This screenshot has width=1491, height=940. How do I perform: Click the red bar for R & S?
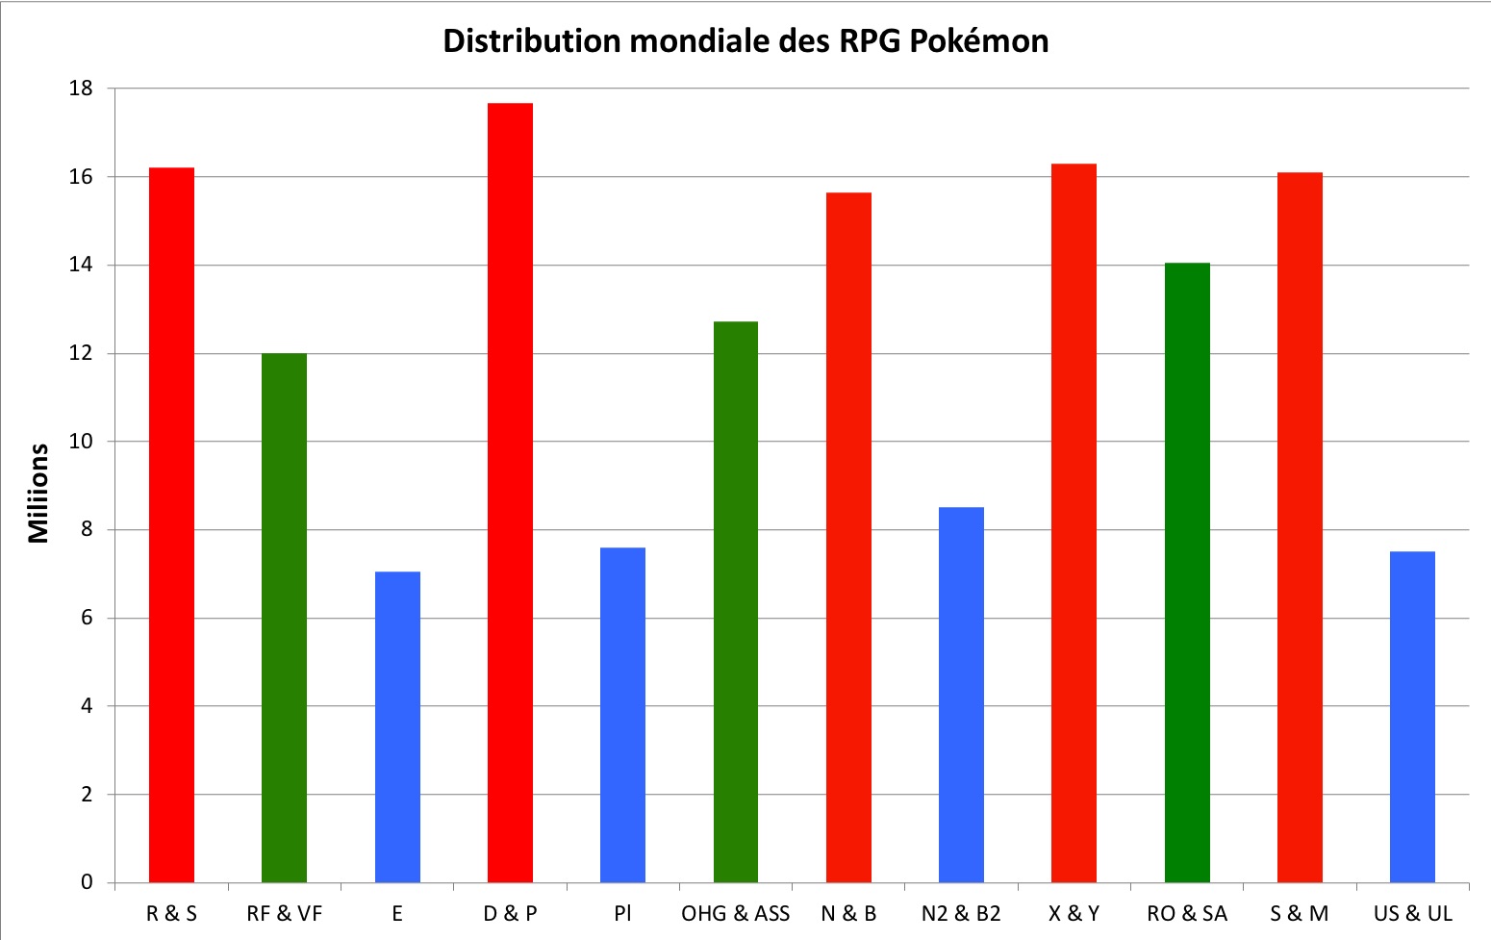click(171, 524)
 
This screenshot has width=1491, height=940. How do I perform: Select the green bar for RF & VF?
click(284, 618)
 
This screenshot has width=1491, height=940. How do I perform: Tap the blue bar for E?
click(397, 726)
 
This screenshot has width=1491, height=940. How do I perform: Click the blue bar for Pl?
click(622, 715)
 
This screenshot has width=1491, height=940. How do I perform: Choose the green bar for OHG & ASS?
click(736, 601)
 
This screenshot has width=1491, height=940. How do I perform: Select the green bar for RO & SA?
click(1187, 572)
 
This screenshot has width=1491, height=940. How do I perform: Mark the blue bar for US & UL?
click(1412, 717)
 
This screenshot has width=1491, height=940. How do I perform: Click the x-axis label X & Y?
click(1074, 913)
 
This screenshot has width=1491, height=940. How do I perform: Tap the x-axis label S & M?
click(1299, 913)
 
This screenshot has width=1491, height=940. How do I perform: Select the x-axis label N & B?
click(848, 913)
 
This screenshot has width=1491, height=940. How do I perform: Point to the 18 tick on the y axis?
click(81, 89)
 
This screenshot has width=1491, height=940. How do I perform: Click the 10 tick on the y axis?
click(81, 442)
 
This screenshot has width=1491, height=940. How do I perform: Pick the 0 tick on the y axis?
click(87, 882)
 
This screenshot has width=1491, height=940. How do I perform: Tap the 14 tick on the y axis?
click(81, 265)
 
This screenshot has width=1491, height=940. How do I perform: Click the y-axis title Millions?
click(38, 493)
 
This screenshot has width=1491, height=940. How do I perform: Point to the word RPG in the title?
click(871, 41)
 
